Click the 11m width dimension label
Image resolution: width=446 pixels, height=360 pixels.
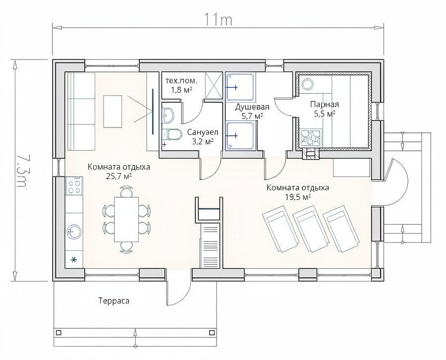click(x=218, y=20)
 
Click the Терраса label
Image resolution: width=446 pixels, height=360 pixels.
click(x=114, y=301)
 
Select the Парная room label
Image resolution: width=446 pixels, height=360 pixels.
click(x=325, y=104)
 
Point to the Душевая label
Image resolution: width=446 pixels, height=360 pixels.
click(x=252, y=107)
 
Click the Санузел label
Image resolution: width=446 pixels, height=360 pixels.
click(x=203, y=132)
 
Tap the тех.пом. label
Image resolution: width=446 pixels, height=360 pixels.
click(x=181, y=81)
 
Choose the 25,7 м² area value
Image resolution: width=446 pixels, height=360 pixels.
click(x=118, y=176)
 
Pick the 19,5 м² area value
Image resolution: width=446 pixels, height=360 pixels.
click(x=298, y=197)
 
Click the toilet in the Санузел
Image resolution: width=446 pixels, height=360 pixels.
click(x=171, y=134)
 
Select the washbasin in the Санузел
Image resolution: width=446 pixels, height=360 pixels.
click(x=168, y=115)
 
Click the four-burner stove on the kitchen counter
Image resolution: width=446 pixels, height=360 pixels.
click(x=74, y=185)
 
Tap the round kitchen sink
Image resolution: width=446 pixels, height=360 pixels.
click(x=74, y=231)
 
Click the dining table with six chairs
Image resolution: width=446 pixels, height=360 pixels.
click(x=126, y=219)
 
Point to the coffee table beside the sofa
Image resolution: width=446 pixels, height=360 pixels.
click(x=112, y=111)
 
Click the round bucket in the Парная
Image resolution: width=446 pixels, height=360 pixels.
click(x=307, y=84)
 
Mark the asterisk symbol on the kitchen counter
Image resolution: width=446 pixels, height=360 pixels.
click(x=74, y=259)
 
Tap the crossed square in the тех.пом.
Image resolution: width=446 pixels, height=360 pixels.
click(x=213, y=85)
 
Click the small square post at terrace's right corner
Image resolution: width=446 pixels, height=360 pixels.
click(x=212, y=333)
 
